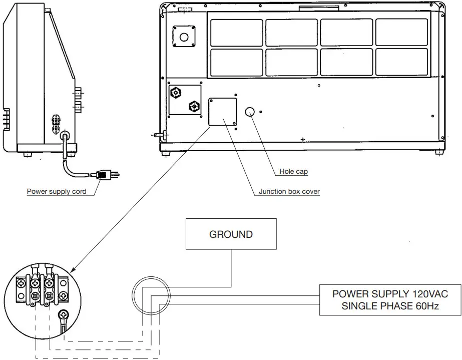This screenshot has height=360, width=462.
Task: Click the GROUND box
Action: [x=231, y=234]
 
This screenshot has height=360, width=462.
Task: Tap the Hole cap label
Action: [x=293, y=172]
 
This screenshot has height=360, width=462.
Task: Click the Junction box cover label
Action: [x=289, y=191]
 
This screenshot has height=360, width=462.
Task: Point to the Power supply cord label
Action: [x=57, y=191]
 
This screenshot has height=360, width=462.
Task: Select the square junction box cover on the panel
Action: [x=222, y=112]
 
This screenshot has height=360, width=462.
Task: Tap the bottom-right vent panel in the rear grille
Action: [x=401, y=63]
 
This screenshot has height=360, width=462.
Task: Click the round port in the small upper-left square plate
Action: [x=184, y=37]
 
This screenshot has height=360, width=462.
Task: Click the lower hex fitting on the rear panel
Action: [x=192, y=106]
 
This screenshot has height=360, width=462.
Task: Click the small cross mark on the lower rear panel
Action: [x=302, y=138]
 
